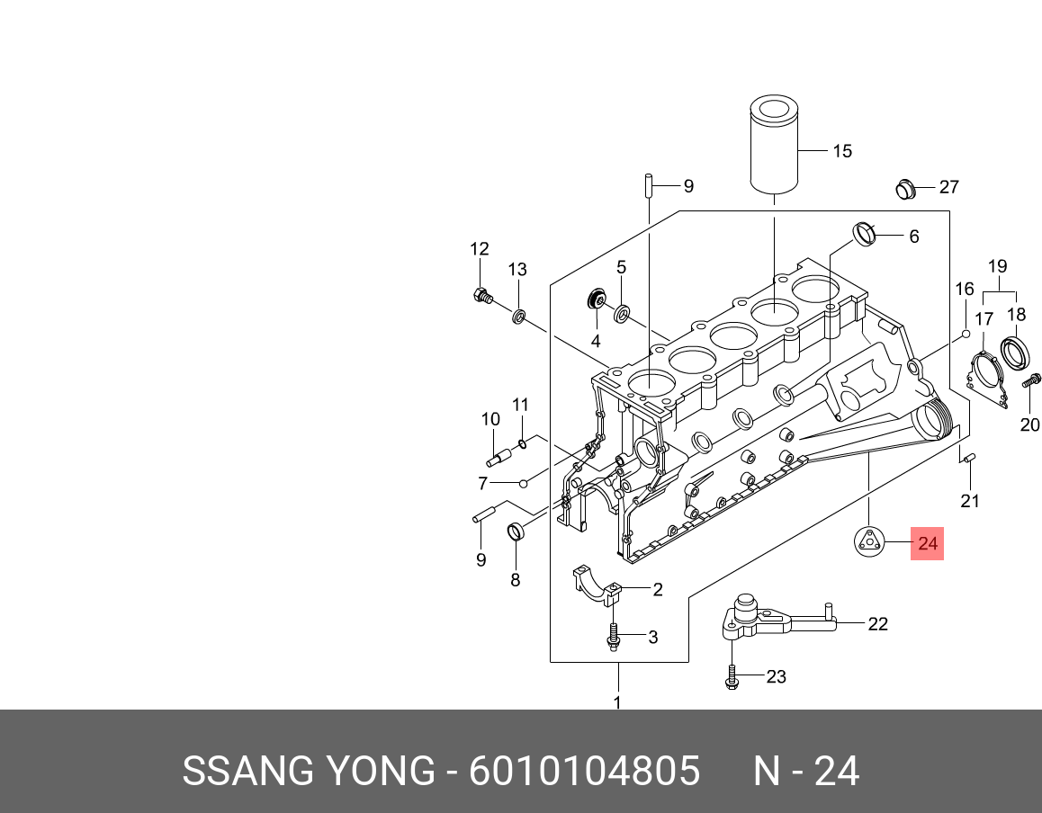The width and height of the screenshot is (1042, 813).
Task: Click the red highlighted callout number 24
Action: coord(927,543)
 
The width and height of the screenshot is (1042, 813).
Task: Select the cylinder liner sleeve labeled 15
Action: coord(774,145)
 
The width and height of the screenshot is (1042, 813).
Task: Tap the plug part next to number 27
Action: coord(906,189)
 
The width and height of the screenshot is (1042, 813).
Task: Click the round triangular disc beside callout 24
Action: coord(870,541)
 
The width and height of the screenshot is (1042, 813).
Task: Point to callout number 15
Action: coord(842,151)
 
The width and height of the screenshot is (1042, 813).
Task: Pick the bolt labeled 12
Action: coord(482,296)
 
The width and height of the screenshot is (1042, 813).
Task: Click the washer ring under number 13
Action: coord(518,316)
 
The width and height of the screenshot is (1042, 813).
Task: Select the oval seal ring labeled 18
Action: coord(1016,353)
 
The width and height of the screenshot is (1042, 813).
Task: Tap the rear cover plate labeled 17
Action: coord(987,379)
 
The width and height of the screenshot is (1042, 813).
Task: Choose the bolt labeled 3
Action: coord(614,637)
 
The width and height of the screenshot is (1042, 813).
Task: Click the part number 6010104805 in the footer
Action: coord(585,771)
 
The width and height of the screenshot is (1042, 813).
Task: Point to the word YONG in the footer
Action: coord(380,771)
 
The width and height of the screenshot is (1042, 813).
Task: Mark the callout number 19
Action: coord(998,266)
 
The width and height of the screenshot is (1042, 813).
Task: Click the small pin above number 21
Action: coord(970,458)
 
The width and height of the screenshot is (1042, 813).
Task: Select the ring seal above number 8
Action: coord(516,532)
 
